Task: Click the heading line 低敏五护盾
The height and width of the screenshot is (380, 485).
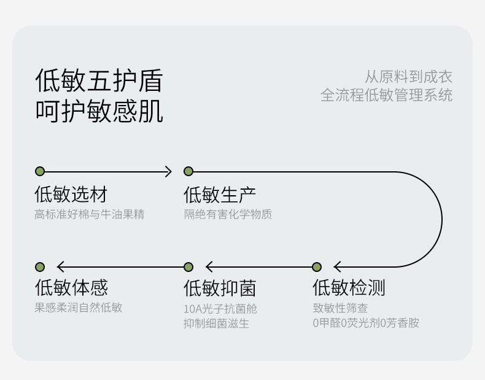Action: pyautogui.click(x=99, y=80)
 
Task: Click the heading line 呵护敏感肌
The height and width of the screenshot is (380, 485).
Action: pyautogui.click(x=99, y=112)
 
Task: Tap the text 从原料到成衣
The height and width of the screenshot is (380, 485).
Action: pyautogui.click(x=408, y=77)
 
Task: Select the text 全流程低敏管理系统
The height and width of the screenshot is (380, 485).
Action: pyautogui.click(x=386, y=95)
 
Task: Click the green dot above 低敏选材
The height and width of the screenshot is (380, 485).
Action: pyautogui.click(x=40, y=171)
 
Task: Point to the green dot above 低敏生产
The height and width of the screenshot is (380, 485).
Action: pyautogui.click(x=188, y=171)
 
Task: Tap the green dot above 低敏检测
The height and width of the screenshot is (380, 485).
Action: pyautogui.click(x=317, y=267)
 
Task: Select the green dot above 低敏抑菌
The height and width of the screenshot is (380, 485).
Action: pyautogui.click(x=188, y=267)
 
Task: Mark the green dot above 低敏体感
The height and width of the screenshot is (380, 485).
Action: pyautogui.click(x=40, y=267)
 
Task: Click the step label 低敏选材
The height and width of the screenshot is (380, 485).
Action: pyautogui.click(x=71, y=195)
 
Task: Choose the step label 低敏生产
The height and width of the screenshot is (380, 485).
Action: pyautogui.click(x=220, y=195)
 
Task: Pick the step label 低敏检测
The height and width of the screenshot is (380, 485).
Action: pyautogui.click(x=349, y=287)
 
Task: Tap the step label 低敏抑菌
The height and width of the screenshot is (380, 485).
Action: pyautogui.click(x=220, y=287)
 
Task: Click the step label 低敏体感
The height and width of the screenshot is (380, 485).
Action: pyautogui.click(x=71, y=287)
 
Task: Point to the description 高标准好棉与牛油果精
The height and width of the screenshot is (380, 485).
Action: pyautogui.click(x=89, y=214)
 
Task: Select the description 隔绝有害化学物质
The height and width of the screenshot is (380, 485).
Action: pyautogui.click(x=228, y=214)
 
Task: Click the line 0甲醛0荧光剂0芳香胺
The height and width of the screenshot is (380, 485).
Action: pyautogui.click(x=365, y=323)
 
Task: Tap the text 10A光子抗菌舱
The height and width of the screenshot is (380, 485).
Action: pyautogui.click(x=220, y=308)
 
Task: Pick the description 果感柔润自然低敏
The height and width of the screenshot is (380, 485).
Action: pyautogui.click(x=78, y=308)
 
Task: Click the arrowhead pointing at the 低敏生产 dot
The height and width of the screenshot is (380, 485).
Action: pyautogui.click(x=168, y=171)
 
